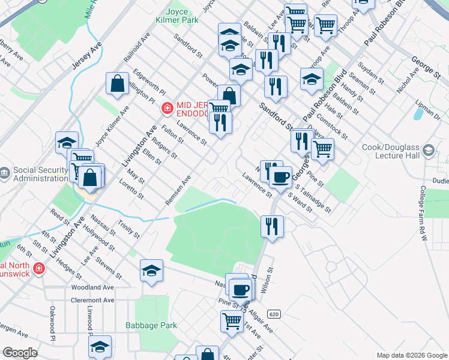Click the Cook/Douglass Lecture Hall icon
pos(429,149)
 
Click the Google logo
pos(19,353)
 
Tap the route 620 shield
pos(274,314)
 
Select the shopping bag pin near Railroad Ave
pos(118,85)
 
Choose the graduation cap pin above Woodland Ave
pos(152,271)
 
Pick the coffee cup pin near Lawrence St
pos(280,178)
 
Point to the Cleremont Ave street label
pos(92,300)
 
